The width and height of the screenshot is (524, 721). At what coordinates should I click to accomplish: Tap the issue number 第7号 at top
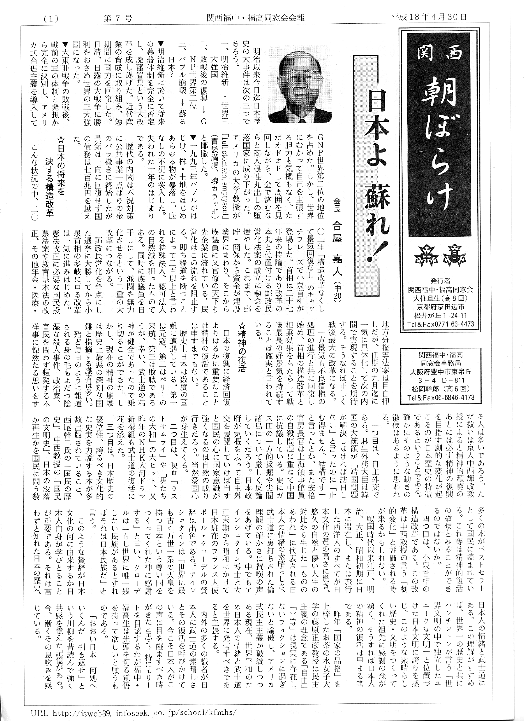[x=118, y=18]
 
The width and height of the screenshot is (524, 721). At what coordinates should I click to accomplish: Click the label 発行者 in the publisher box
[x=440, y=281]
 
